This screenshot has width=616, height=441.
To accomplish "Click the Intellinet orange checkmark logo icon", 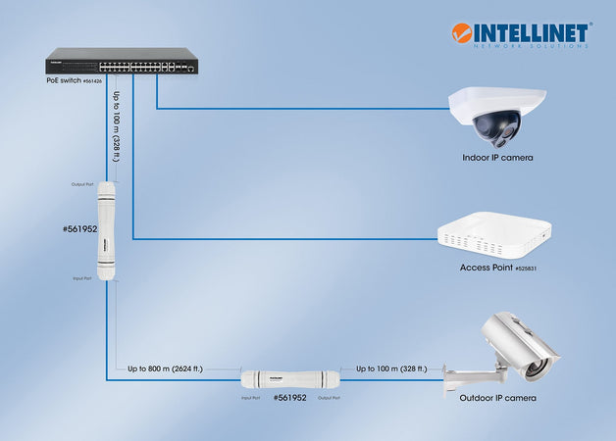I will point(462,33).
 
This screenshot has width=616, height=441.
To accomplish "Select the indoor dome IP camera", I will point(495,114).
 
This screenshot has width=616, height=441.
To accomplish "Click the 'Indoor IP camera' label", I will point(498,157).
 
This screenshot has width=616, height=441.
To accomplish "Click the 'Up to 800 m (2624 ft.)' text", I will point(165,368).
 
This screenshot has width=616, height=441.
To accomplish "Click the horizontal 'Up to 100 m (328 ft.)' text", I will point(390,368).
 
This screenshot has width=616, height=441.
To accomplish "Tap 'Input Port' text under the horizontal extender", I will point(251,399).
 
